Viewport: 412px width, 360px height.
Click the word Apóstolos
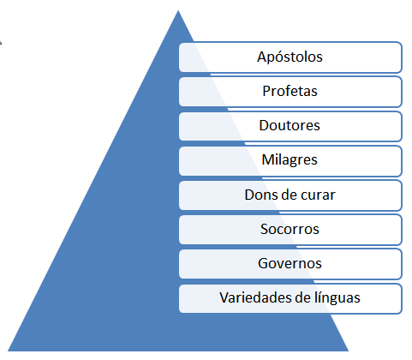click(290, 57)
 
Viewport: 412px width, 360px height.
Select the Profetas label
click(290, 92)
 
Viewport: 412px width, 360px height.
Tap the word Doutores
click(290, 125)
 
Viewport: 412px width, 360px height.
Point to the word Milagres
click(290, 160)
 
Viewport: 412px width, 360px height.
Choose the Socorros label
click(290, 229)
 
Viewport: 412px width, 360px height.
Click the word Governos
click(290, 263)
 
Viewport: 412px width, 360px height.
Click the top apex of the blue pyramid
click(178, 10)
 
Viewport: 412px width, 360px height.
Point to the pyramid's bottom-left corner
click(8, 351)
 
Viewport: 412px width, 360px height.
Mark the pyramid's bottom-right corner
click(349, 351)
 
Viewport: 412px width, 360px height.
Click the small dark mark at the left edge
click(1, 43)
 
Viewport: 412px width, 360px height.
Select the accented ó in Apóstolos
click(280, 57)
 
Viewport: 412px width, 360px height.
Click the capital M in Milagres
click(267, 159)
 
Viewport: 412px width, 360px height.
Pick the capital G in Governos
click(263, 263)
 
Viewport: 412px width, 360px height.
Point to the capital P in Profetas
click(266, 92)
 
